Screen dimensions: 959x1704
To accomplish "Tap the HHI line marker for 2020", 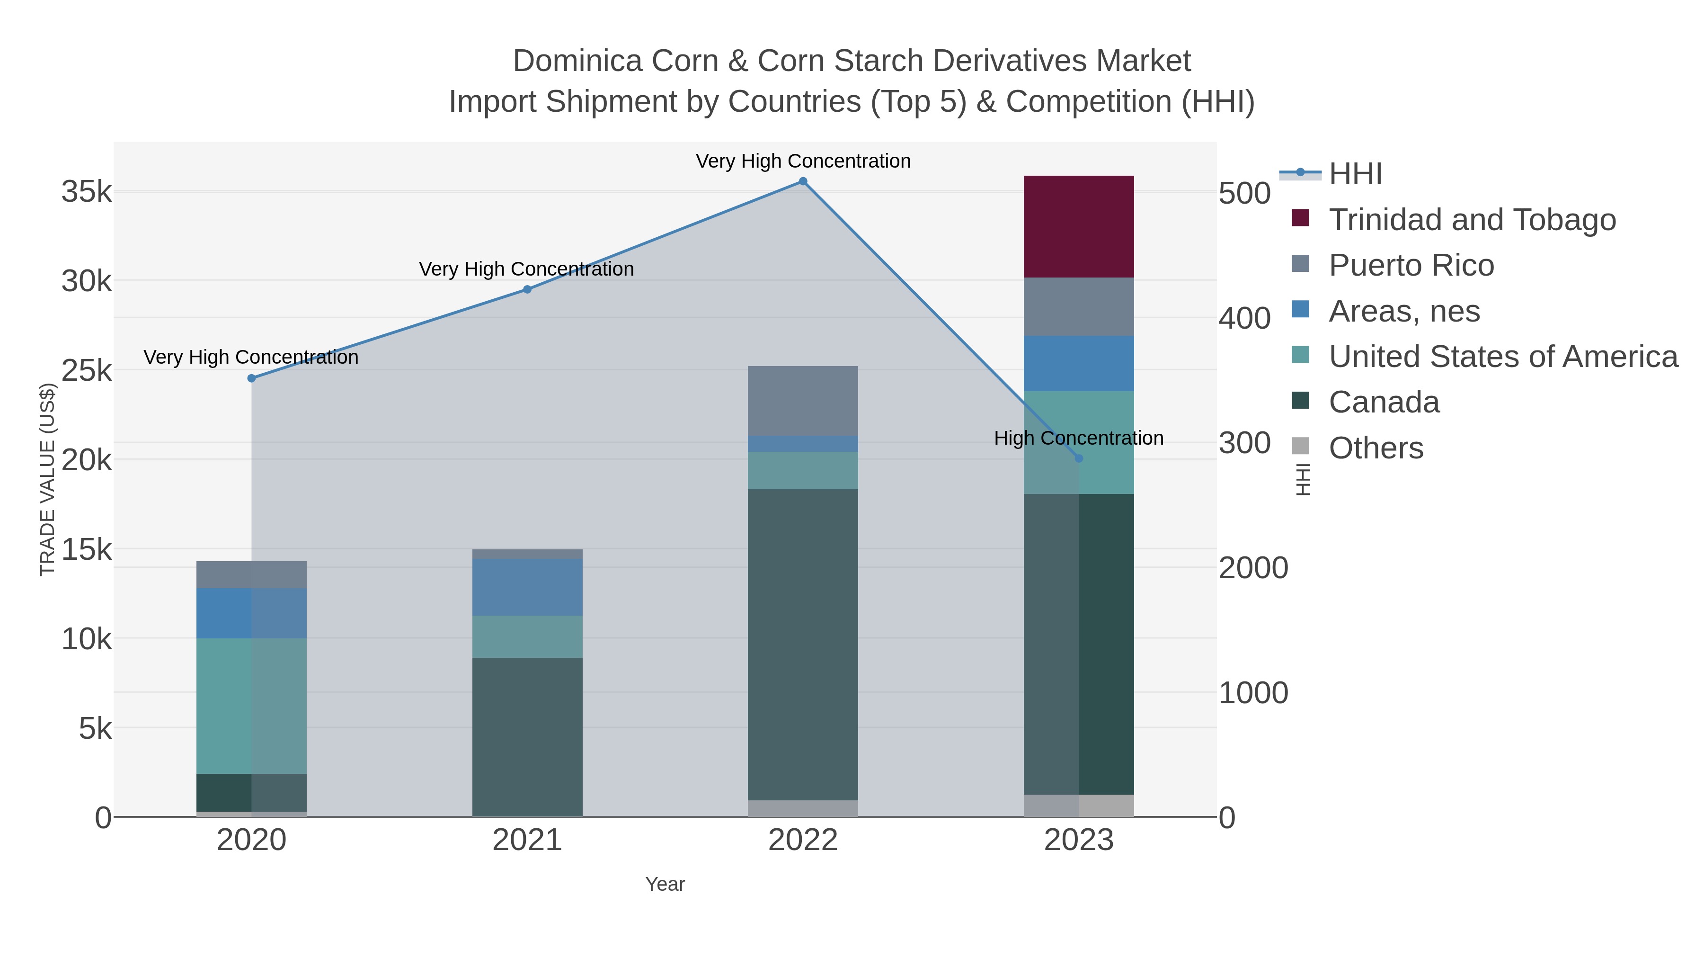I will tap(251, 378).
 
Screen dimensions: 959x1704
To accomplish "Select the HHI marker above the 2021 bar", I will tap(527, 289).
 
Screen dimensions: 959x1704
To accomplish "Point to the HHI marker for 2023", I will tap(1079, 458).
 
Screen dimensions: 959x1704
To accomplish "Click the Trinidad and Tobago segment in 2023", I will tap(1078, 226).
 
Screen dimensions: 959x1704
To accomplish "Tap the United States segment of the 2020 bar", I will tap(251, 706).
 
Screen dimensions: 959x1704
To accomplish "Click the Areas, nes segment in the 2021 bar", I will tap(527, 587).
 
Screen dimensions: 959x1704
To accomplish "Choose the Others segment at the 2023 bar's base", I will tap(1078, 806).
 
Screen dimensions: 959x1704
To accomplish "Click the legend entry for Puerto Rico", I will tap(1411, 265).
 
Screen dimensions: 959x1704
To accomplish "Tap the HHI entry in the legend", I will tap(1355, 174).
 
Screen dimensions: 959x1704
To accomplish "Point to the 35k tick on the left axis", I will tap(87, 193).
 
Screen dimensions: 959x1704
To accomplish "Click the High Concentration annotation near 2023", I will tap(1078, 438).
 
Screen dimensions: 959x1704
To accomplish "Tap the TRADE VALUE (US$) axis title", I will tap(48, 479).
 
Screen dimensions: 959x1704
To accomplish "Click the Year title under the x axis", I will tap(665, 884).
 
